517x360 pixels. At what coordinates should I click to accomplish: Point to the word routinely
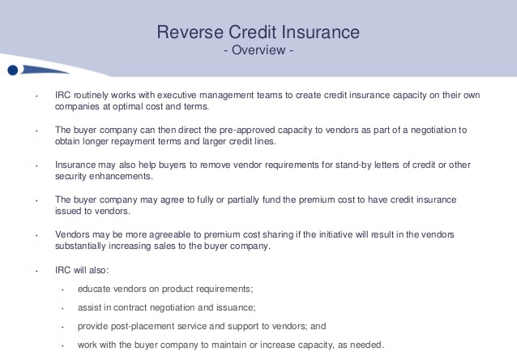(90, 95)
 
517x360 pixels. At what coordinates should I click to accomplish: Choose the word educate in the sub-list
(95, 289)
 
